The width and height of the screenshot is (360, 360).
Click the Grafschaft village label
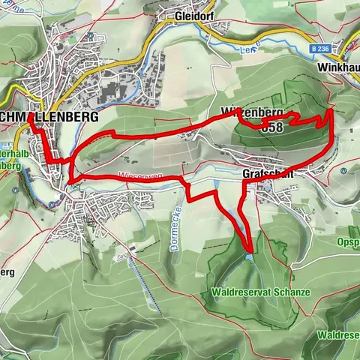point(266,173)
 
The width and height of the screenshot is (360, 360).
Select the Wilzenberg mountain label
point(251,112)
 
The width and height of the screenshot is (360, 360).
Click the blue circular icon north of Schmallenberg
point(90,35)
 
